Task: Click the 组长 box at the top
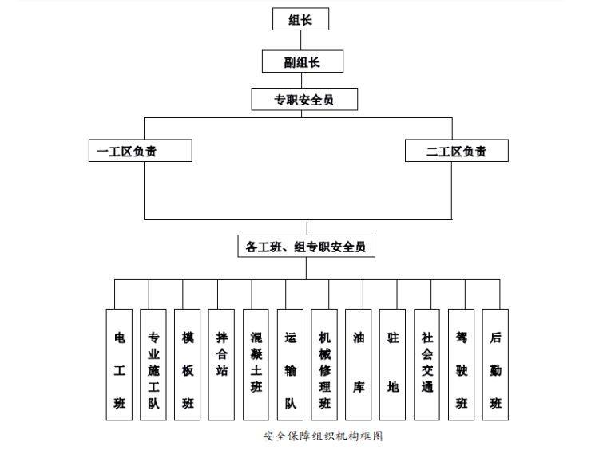point(300,19)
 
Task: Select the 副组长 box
point(302,61)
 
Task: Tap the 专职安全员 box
point(304,100)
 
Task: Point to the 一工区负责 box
point(140,151)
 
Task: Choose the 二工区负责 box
point(456,151)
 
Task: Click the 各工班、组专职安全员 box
point(306,247)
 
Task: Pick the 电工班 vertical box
point(119,365)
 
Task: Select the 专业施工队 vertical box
point(153,365)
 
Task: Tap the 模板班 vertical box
point(188,365)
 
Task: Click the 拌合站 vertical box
point(221,365)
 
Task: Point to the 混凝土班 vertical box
point(256,365)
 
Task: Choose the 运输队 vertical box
point(290,365)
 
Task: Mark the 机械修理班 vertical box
point(324,365)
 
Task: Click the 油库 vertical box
point(359,365)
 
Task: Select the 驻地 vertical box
point(393,365)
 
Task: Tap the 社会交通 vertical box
point(427,365)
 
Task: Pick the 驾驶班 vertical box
point(461,365)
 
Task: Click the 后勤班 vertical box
point(495,365)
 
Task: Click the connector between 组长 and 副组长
point(301,41)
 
